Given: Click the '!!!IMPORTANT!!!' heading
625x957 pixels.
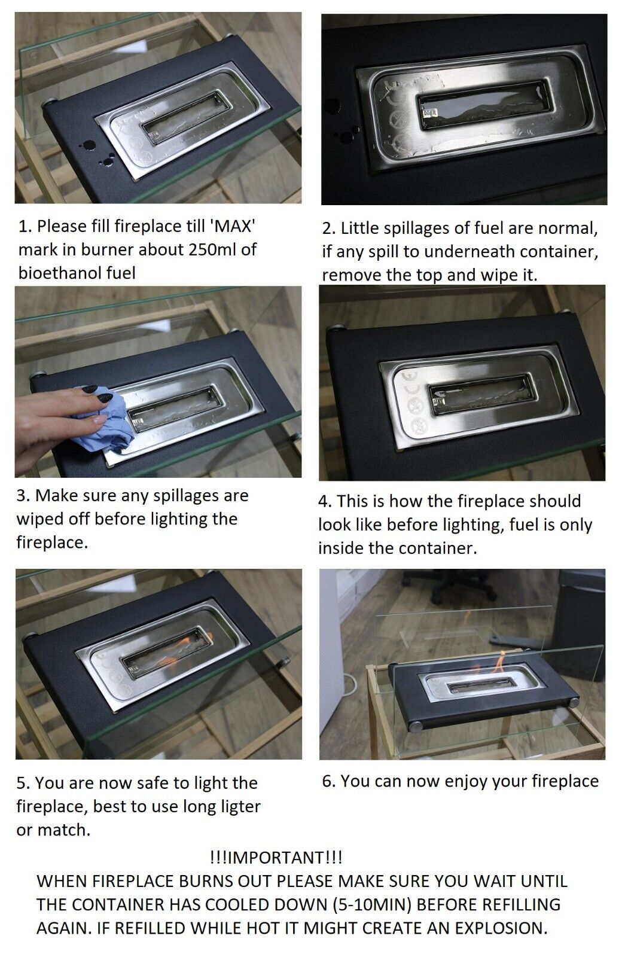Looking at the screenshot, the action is (x=276, y=858).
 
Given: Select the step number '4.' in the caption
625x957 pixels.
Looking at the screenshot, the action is (x=325, y=501).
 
